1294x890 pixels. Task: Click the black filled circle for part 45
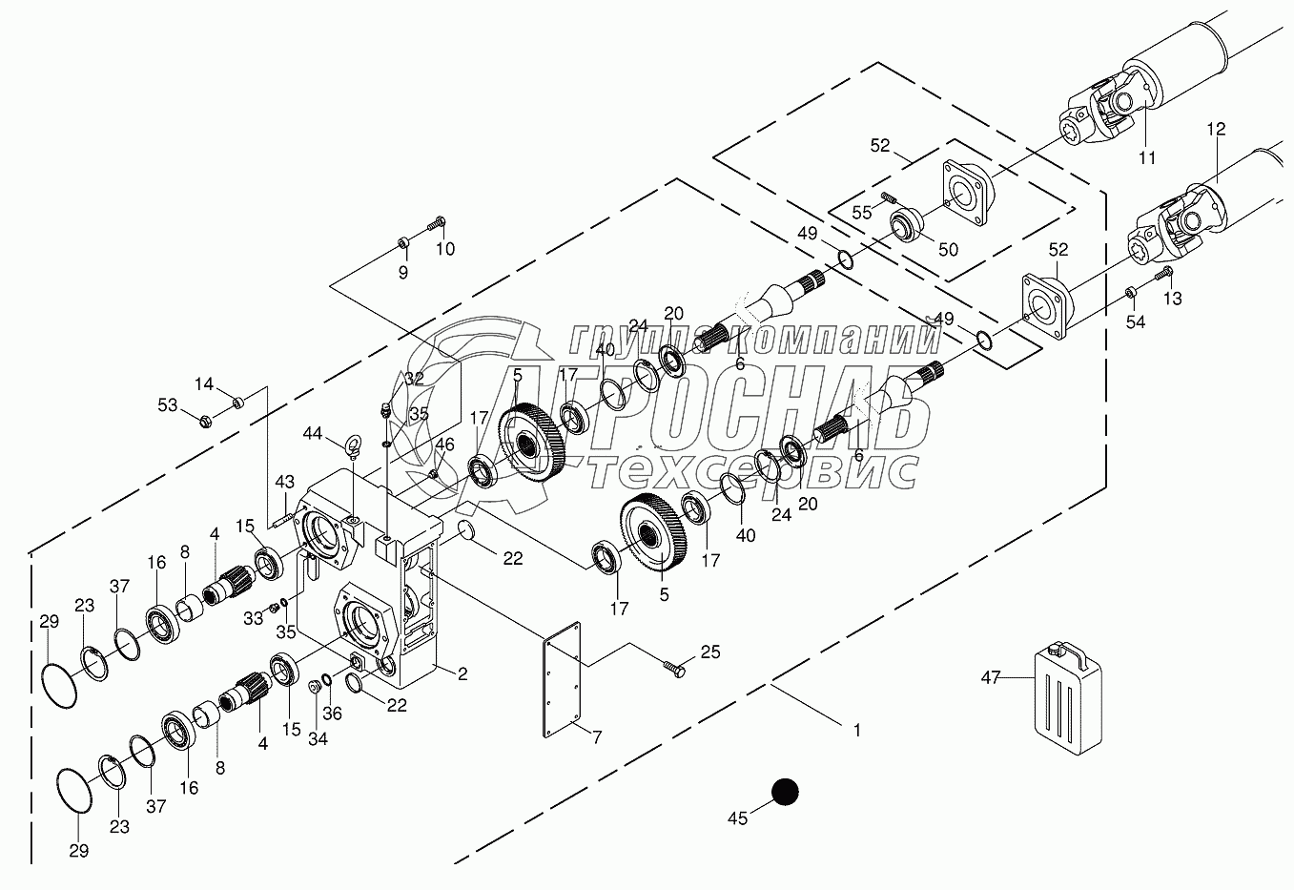(785, 792)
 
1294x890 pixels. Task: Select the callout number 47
(991, 676)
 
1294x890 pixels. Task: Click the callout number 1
(857, 731)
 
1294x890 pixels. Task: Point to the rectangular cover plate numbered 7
(562, 679)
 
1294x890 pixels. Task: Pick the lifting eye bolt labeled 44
(352, 447)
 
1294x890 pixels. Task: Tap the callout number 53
(168, 405)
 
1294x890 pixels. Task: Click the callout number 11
(1147, 157)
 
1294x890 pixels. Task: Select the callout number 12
(1216, 128)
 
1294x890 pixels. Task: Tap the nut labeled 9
(403, 241)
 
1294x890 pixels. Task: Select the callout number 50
(948, 250)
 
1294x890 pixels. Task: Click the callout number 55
(862, 213)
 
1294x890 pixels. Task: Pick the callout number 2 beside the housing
(462, 673)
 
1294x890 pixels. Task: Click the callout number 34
(318, 738)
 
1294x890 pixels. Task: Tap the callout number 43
(284, 482)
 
